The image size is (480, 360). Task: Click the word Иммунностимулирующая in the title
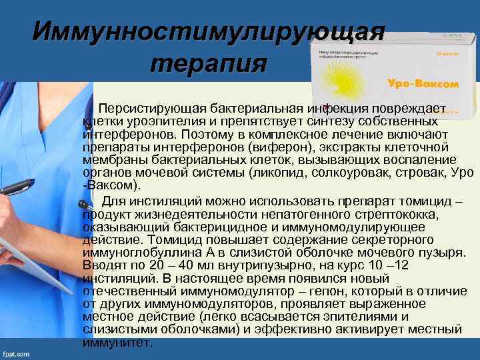pyautogui.click(x=209, y=30)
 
